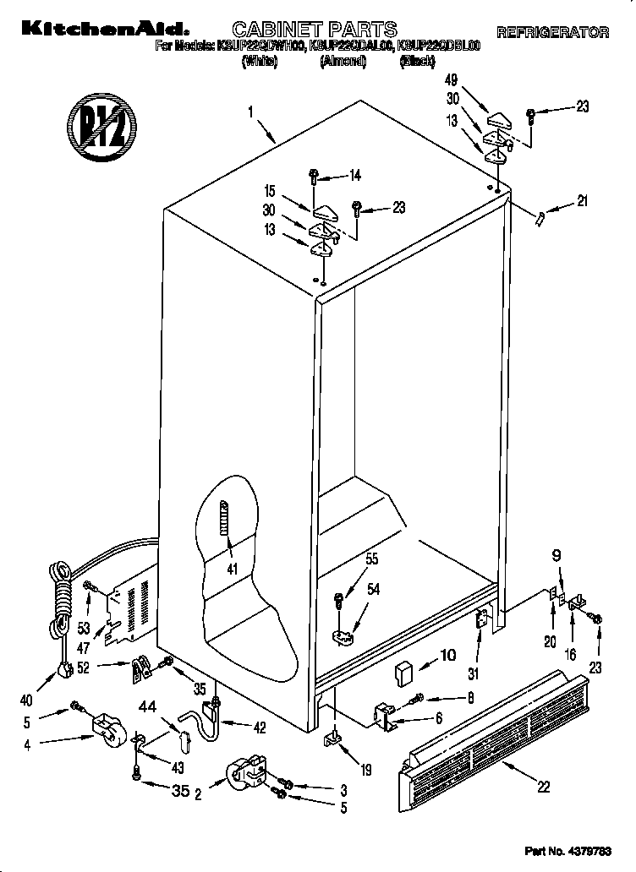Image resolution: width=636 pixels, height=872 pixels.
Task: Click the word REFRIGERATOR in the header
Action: coord(552,33)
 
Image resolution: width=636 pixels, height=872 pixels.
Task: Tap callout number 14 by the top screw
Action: coord(354,176)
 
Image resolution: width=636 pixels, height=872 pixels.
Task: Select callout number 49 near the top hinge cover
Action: coord(452,81)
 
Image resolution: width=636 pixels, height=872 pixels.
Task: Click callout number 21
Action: coord(581,201)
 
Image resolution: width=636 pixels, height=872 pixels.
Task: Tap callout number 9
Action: coord(556,556)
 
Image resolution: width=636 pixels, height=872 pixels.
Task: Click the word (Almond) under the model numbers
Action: coord(343,61)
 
